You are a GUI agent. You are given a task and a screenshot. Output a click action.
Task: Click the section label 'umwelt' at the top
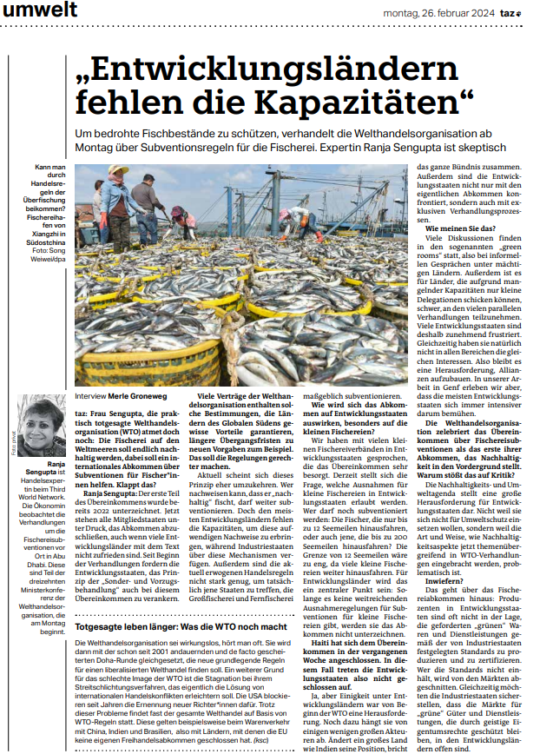pyautogui.click(x=40, y=10)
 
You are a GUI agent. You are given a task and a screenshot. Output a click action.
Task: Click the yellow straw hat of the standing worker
pyautogui.click(x=119, y=170)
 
